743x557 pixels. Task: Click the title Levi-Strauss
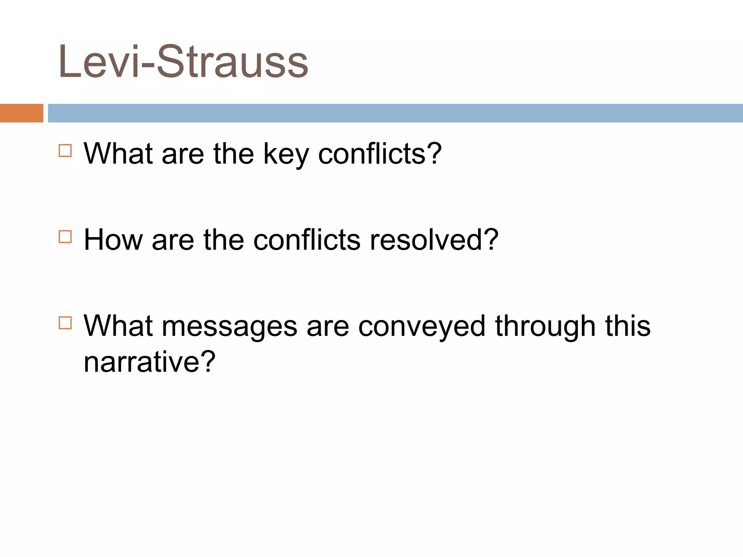tap(183, 62)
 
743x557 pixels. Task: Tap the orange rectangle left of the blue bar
tap(21, 113)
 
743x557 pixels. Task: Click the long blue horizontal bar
tap(395, 113)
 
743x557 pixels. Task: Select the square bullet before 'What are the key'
tap(65, 150)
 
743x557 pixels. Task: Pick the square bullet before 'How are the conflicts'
tap(65, 237)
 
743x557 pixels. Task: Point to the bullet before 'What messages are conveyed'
tap(65, 323)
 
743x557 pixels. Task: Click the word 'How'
tap(113, 240)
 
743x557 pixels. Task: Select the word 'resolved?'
tap(434, 240)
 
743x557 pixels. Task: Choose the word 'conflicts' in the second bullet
tap(307, 240)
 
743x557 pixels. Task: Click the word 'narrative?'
tap(149, 362)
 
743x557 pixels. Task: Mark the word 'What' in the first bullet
tap(118, 154)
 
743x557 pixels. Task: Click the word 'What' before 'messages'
tap(118, 326)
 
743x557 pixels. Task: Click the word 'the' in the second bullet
tap(223, 240)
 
